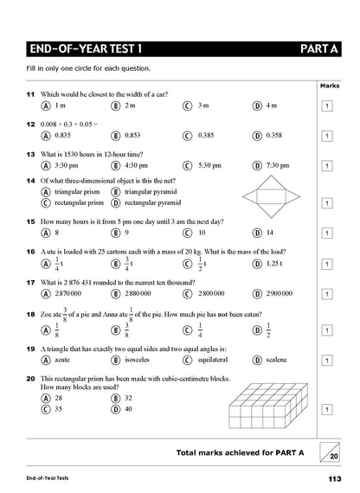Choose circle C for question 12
pyautogui.click(x=187, y=136)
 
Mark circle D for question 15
pyautogui.click(x=257, y=233)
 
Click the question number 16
pyautogui.click(x=30, y=251)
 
